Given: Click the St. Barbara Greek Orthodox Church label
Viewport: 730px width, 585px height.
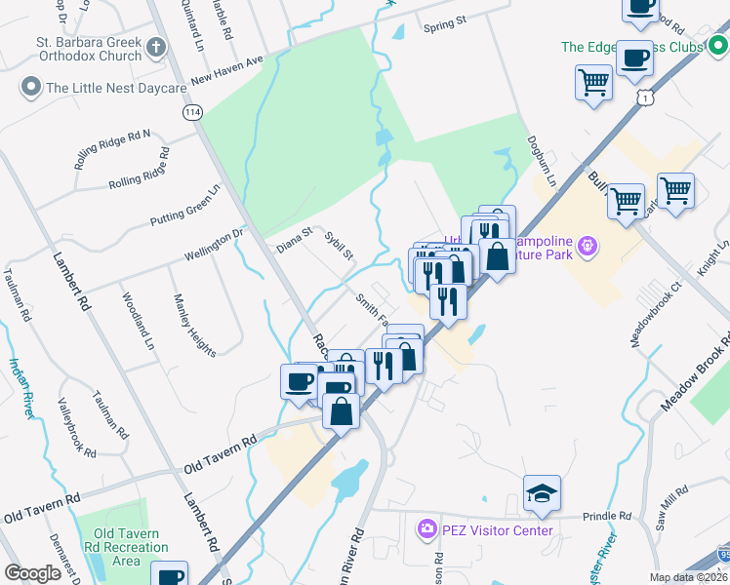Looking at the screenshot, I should (89, 49).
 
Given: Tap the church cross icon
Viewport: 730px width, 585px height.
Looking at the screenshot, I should (156, 46).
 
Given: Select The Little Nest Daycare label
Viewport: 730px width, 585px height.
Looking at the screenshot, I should (115, 88).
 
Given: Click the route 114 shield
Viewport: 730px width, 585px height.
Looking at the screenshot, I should (191, 112).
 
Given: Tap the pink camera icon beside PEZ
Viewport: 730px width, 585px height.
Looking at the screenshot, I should (426, 530).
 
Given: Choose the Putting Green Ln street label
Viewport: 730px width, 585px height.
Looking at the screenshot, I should (186, 207).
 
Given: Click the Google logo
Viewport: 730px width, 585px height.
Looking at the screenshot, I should (32, 572).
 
